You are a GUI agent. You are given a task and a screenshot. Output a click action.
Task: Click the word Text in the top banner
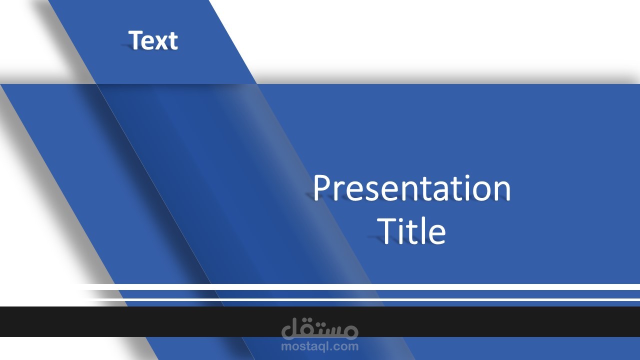[x=153, y=40]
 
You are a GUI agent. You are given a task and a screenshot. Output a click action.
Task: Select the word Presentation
[x=412, y=188]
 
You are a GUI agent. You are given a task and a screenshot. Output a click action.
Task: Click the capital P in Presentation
[x=323, y=187]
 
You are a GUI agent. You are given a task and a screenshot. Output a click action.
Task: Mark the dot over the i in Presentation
[x=464, y=177]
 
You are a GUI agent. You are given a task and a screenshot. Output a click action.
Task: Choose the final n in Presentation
[x=502, y=191]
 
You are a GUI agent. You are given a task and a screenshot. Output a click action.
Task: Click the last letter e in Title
[x=437, y=235]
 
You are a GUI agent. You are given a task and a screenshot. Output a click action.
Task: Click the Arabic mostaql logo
[x=319, y=328]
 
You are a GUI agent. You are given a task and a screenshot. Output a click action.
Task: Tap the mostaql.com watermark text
[x=319, y=346]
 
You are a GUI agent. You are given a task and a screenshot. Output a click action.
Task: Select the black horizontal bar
[x=320, y=321]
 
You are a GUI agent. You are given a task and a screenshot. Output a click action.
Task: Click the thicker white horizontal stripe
[x=360, y=287]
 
